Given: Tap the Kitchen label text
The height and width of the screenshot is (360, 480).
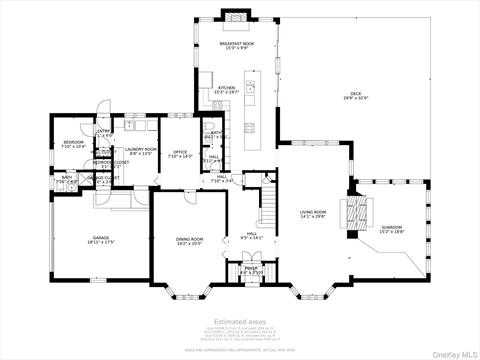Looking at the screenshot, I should point(227,90).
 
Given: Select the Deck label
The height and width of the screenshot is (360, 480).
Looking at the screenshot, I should point(356,96).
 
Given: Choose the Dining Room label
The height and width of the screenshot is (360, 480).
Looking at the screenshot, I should point(190,240).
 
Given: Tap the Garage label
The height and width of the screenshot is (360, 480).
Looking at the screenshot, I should point(100,240).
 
